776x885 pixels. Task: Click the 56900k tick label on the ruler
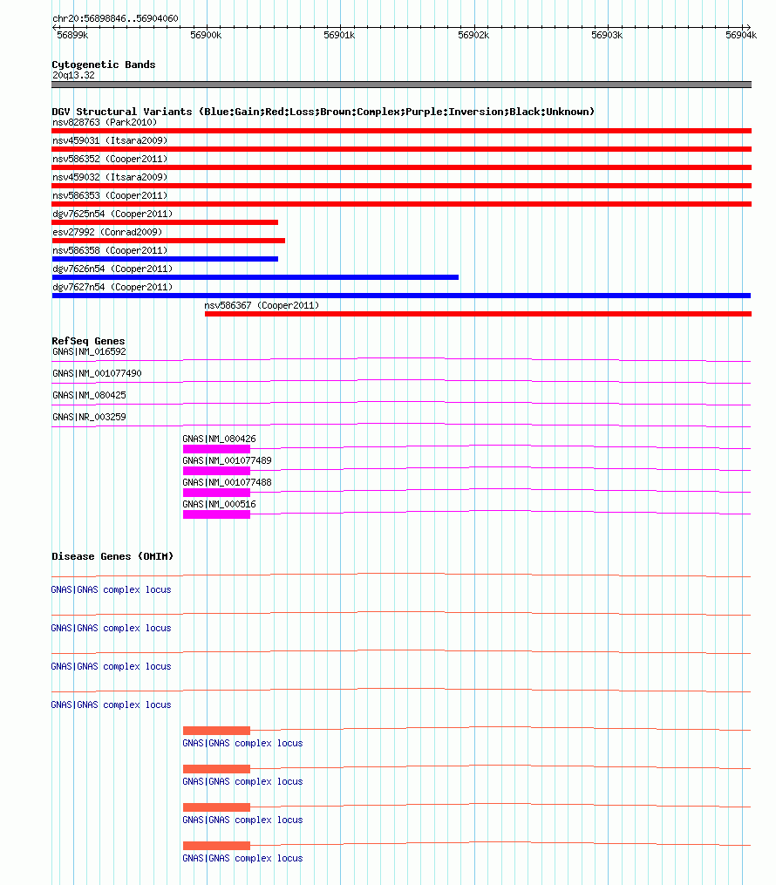[207, 35]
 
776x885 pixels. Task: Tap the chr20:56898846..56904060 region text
[115, 18]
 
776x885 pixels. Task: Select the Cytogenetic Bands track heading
[103, 65]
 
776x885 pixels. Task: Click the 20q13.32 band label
[73, 75]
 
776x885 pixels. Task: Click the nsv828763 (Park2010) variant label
[105, 122]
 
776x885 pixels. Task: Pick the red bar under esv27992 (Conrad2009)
[168, 241]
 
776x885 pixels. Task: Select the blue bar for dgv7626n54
[255, 277]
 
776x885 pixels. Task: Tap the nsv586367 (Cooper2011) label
[262, 305]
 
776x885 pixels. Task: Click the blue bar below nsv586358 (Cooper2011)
[165, 259]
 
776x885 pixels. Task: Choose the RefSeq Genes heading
[88, 341]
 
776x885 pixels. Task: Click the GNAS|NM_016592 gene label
[89, 351]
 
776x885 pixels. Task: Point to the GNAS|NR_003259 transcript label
[89, 417]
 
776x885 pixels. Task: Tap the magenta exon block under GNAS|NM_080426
[216, 449]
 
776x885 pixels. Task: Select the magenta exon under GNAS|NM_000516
[216, 514]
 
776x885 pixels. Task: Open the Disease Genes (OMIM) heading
[112, 556]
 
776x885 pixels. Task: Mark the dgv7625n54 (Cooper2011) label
[112, 214]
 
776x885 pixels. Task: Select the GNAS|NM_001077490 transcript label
[97, 373]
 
